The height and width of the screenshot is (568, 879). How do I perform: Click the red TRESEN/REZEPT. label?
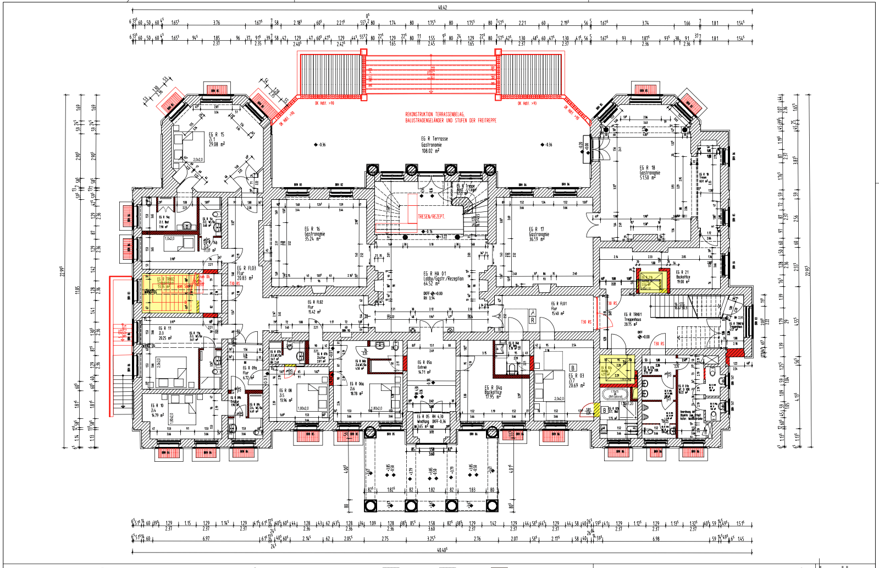tap(432, 216)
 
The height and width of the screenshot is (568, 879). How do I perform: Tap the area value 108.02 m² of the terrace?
tap(430, 151)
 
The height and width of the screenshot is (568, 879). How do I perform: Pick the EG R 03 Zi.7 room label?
tap(576, 380)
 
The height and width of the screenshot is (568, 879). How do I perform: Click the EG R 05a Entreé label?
tap(425, 367)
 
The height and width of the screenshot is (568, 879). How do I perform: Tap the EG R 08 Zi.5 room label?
tap(286, 395)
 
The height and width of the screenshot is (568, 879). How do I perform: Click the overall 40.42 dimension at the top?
tap(443, 7)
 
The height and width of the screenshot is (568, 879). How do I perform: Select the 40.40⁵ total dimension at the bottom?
tap(442, 549)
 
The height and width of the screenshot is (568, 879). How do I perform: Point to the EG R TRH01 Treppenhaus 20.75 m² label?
tap(633, 320)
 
